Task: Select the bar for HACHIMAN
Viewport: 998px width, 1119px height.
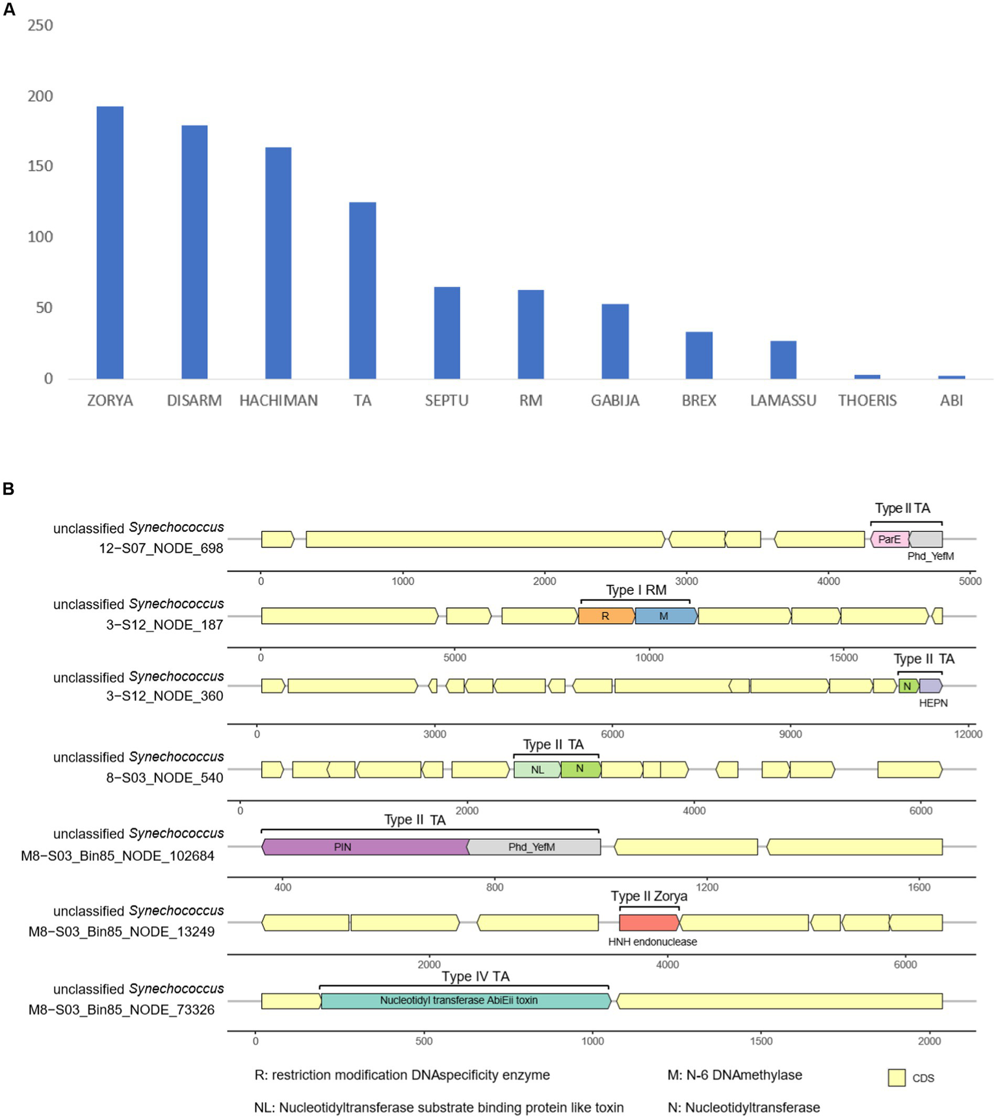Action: point(278,263)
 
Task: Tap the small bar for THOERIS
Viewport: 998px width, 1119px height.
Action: point(867,376)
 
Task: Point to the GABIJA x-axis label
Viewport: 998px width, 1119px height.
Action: point(615,401)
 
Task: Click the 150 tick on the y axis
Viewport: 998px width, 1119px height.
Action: point(40,166)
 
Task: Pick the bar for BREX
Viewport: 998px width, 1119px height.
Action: point(699,355)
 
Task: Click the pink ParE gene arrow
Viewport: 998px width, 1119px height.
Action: point(889,539)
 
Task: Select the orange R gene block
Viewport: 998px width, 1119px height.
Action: point(606,616)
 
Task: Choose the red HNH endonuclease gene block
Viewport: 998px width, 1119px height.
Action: point(648,922)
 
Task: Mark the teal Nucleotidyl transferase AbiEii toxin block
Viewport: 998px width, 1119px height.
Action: point(465,1001)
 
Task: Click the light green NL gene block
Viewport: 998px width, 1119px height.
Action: point(537,770)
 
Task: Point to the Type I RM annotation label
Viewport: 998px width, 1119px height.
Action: point(636,590)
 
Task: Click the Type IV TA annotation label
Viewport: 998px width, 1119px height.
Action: point(475,977)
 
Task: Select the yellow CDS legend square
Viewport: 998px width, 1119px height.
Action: point(897,1077)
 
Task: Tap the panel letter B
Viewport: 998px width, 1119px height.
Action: point(8,489)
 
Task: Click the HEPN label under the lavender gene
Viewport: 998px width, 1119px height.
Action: point(933,703)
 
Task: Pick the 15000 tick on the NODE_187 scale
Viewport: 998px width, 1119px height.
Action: point(843,657)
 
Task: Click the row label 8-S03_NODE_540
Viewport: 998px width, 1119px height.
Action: point(164,778)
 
